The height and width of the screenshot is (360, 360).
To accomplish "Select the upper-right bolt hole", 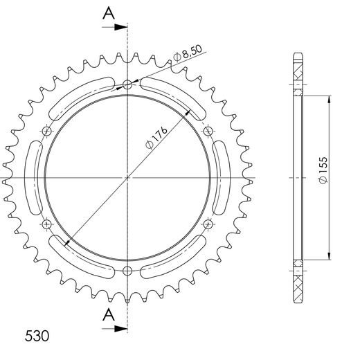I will point(208,131).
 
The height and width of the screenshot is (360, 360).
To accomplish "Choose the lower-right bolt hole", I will point(208,224).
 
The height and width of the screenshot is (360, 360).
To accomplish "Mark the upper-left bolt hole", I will point(46,131).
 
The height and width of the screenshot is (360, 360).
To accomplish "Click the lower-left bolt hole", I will point(46,224).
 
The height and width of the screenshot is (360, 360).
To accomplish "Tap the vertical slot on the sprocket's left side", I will point(33,177).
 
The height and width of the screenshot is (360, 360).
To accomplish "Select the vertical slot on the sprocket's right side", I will point(221,177).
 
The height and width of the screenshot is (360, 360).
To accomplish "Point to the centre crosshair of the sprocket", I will point(127,177).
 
